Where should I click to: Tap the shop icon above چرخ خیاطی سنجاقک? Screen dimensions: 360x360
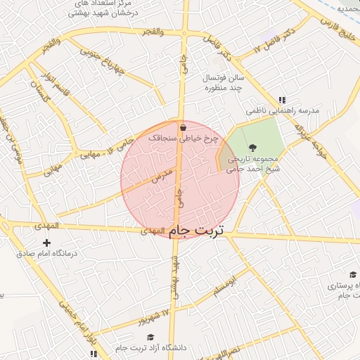[x=184, y=128]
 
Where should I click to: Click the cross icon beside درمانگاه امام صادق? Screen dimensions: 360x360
[x=47, y=243]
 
